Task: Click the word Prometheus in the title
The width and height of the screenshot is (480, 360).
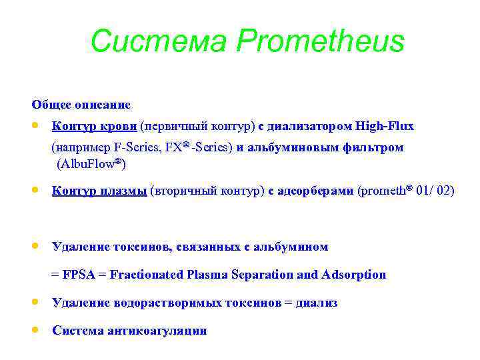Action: (x=320, y=41)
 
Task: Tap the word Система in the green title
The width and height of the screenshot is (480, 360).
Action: (x=159, y=41)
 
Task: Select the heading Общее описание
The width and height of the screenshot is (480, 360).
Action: (x=81, y=105)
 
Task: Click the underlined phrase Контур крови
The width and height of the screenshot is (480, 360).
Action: (x=95, y=126)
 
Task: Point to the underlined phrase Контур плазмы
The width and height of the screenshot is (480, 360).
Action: (x=99, y=191)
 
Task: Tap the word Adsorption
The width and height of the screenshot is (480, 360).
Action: (x=353, y=275)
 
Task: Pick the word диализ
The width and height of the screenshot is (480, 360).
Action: (x=317, y=303)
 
